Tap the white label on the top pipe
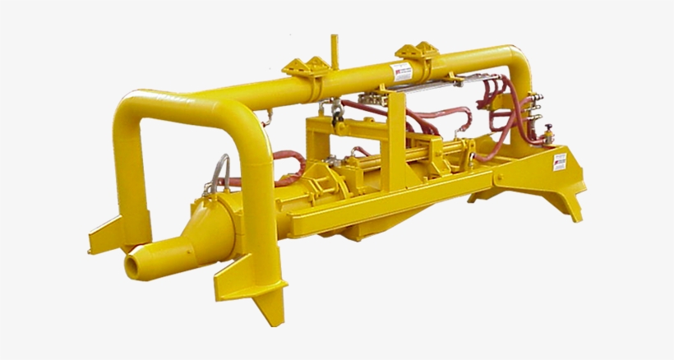400,72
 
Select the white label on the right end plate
560,160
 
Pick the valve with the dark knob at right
547,132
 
